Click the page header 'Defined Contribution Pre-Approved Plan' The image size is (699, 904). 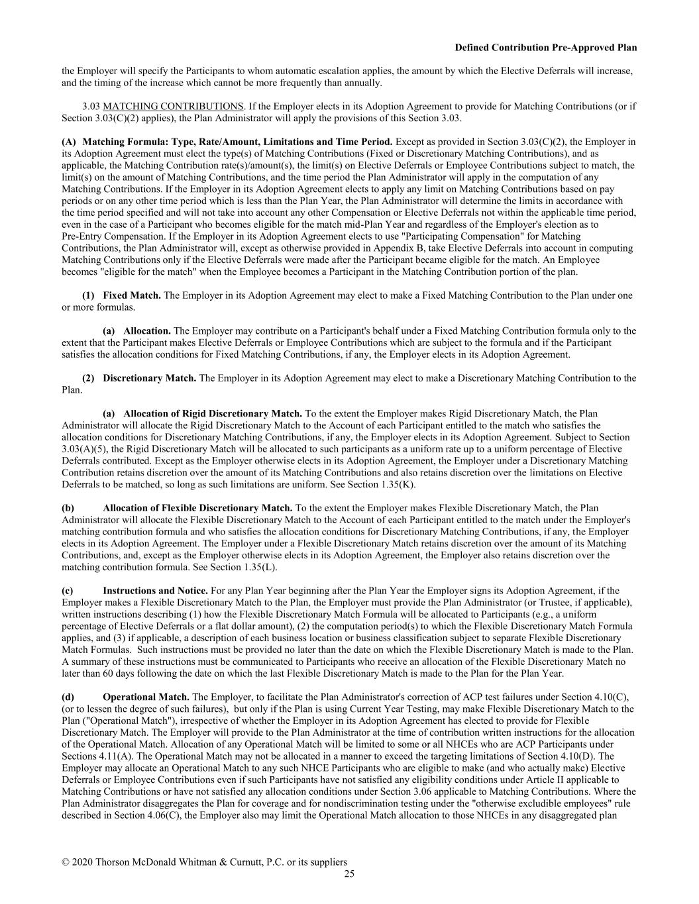(546, 48)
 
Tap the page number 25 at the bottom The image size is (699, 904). (349, 874)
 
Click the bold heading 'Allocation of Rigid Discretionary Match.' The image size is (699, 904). (213, 414)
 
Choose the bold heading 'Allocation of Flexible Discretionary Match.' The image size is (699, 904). (197, 508)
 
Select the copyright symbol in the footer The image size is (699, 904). (66, 862)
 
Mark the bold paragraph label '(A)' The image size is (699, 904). (69, 142)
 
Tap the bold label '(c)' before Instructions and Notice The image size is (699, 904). (68, 591)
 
